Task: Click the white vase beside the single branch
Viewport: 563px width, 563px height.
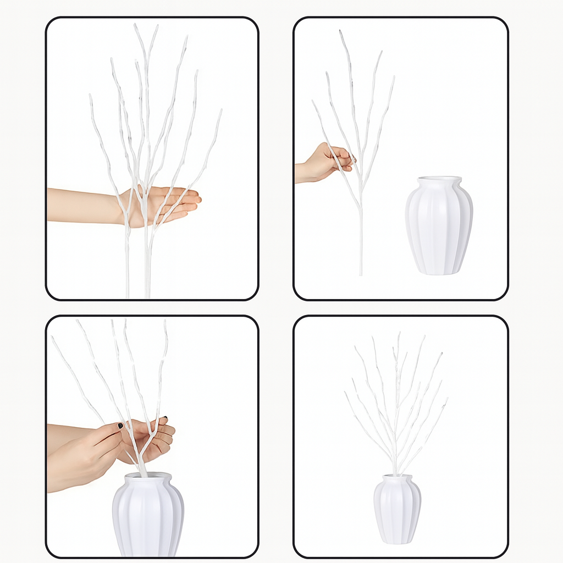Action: point(439,228)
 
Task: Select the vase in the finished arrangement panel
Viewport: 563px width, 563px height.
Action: point(397,510)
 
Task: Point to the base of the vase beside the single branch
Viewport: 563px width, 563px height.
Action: point(438,272)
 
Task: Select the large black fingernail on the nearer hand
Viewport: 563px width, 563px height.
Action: point(120,426)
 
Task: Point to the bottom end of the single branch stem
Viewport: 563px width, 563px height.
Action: point(361,273)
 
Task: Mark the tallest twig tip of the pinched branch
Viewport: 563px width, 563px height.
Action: point(341,32)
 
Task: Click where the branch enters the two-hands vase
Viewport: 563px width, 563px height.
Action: point(144,473)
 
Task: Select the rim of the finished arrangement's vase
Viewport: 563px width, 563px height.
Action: point(397,477)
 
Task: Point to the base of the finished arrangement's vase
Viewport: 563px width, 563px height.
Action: point(397,542)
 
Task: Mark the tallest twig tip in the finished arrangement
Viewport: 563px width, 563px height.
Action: point(399,334)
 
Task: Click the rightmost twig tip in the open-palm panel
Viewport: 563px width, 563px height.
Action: point(221,111)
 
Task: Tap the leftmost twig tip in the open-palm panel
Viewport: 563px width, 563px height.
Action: point(90,96)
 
